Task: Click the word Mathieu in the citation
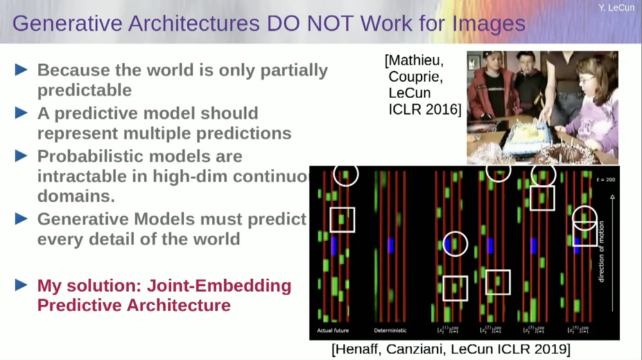[x=415, y=62]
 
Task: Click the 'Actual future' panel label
[x=333, y=331]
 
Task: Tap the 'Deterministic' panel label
[x=389, y=331]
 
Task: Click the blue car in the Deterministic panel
[x=390, y=246]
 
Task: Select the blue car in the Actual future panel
[x=334, y=246]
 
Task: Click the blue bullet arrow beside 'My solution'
[x=21, y=285]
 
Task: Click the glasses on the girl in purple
[x=586, y=80]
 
